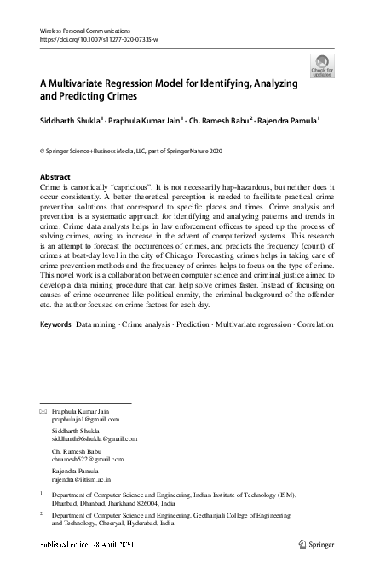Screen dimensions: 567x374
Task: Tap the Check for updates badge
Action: point(323,64)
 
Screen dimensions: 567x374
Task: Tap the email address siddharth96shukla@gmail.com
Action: point(95,438)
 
